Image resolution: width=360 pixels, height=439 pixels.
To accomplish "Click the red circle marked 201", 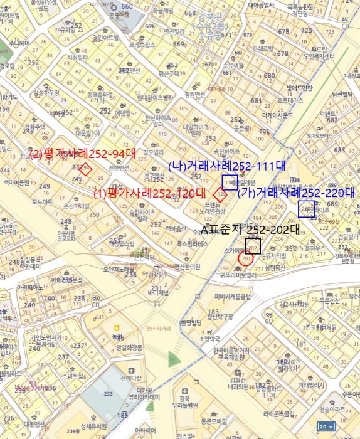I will pos(246,259).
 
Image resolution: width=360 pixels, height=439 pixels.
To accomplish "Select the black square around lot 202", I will pos(254,246).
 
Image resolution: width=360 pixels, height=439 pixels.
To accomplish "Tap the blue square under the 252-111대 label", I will pos(230,182).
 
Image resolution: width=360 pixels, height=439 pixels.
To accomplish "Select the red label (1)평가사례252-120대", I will pos(150,193).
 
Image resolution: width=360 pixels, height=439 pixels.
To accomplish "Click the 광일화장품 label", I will pos(129,347).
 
